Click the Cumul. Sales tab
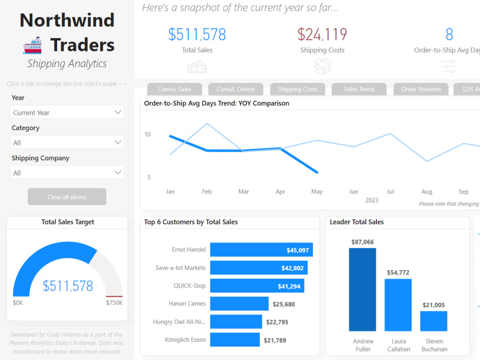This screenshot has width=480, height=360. pyautogui.click(x=175, y=89)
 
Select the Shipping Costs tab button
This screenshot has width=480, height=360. pyautogui.click(x=297, y=89)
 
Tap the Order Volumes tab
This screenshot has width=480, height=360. pyautogui.click(x=420, y=89)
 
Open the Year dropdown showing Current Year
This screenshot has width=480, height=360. pyautogui.click(x=67, y=112)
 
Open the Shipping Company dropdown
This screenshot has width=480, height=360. pyautogui.click(x=67, y=173)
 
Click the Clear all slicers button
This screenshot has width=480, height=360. pyautogui.click(x=67, y=197)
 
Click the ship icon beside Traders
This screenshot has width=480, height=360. pyautogui.click(x=33, y=46)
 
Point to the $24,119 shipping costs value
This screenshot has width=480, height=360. pyautogui.click(x=322, y=35)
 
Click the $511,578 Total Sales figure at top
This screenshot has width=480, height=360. pyautogui.click(x=197, y=35)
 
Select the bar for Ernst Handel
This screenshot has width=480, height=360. pyautogui.click(x=261, y=250)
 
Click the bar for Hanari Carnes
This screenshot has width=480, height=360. pyautogui.click(x=239, y=304)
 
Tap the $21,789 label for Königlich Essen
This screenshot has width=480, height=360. pyautogui.click(x=275, y=340)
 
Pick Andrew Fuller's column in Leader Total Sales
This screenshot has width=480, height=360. pyautogui.click(x=362, y=289)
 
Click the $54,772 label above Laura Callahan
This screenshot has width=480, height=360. pyautogui.click(x=397, y=273)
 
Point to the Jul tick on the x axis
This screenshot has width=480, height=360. pyautogui.click(x=390, y=192)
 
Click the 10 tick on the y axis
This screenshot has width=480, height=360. pyautogui.click(x=147, y=134)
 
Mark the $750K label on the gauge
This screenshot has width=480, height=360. pyautogui.click(x=114, y=303)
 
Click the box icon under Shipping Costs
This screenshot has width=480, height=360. pyautogui.click(x=322, y=66)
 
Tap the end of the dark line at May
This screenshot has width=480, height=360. pyautogui.click(x=317, y=172)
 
